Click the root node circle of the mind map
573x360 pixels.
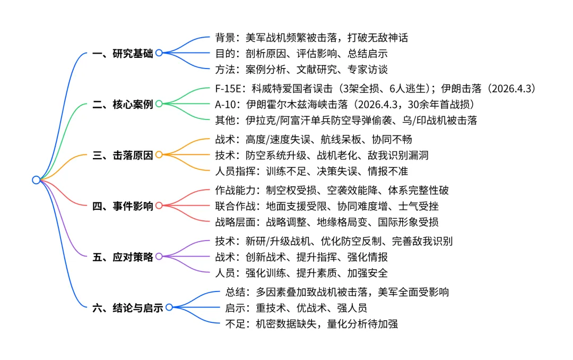[x=36, y=180]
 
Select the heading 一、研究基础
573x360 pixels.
[x=122, y=53]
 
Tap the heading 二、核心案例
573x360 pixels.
[x=122, y=104]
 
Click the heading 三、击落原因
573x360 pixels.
[x=122, y=155]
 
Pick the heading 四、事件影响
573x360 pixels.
[x=122, y=205]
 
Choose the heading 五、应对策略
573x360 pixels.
[x=122, y=256]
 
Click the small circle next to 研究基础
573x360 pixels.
[x=159, y=53]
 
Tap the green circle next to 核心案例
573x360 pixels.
[x=159, y=104]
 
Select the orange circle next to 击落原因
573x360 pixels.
[x=159, y=155]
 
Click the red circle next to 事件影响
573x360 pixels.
[x=159, y=205]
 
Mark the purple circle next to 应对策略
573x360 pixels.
[x=159, y=256]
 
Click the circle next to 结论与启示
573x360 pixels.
[x=169, y=307]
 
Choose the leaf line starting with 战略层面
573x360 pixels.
[x=326, y=222]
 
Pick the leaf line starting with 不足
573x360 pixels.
[x=311, y=323]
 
